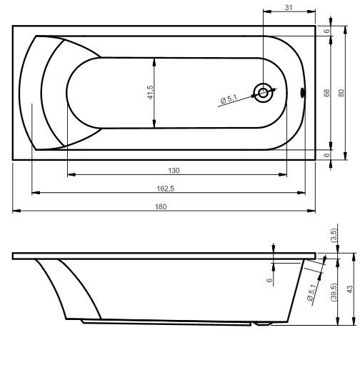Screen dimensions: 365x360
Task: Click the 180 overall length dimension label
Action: (161, 206)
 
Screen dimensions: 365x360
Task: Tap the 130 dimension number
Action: (174, 170)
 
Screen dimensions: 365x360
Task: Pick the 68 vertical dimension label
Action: (326, 93)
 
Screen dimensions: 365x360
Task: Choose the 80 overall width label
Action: (341, 93)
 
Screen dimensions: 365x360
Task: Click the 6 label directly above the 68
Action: (326, 31)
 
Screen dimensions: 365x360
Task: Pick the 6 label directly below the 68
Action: (326, 154)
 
